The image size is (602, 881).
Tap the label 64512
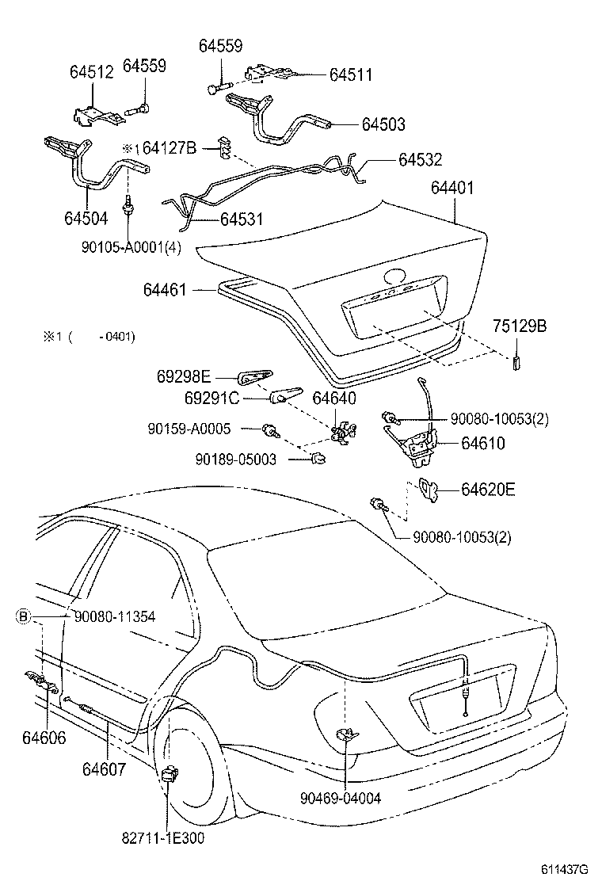(91, 71)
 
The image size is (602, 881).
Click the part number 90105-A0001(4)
(131, 246)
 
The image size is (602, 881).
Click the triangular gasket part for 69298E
(255, 377)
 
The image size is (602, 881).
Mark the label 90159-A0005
(189, 429)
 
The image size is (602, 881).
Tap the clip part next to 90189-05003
(318, 457)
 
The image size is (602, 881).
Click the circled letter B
(24, 615)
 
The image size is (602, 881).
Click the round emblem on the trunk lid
(394, 278)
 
